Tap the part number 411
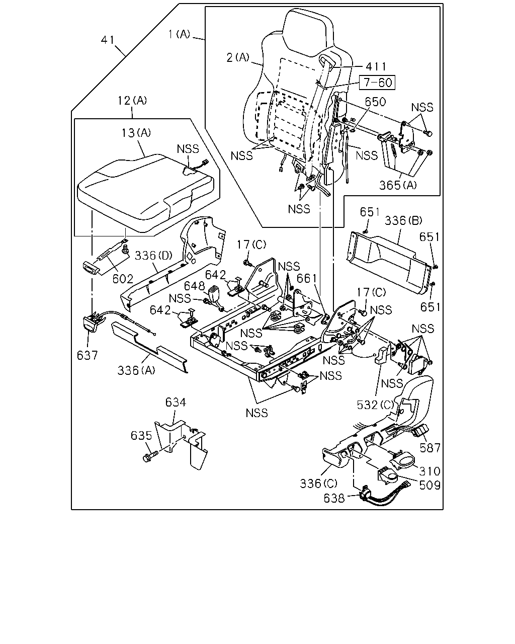coord(376,66)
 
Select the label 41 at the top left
coord(108,40)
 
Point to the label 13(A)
coord(136,132)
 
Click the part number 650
coord(375,102)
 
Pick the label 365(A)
coord(398,185)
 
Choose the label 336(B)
coord(403,220)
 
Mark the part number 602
coord(123,279)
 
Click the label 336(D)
coord(153,255)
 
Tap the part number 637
coord(87,355)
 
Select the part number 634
coord(176,403)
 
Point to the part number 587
coord(430,448)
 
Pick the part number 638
coord(334,498)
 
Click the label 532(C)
coord(376,405)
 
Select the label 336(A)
coord(136,370)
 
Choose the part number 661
coord(306,279)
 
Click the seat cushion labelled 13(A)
coord(146,193)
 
